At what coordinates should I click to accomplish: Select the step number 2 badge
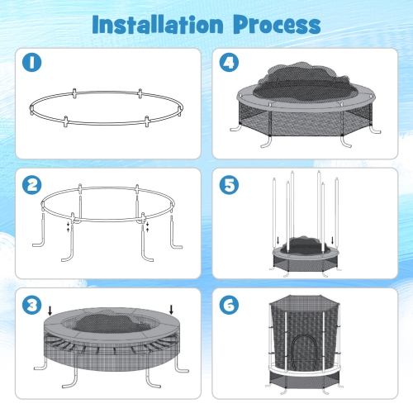pyautogui.click(x=32, y=185)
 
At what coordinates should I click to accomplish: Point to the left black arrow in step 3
pyautogui.click(x=50, y=311)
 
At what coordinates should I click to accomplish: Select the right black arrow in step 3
pyautogui.click(x=170, y=311)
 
